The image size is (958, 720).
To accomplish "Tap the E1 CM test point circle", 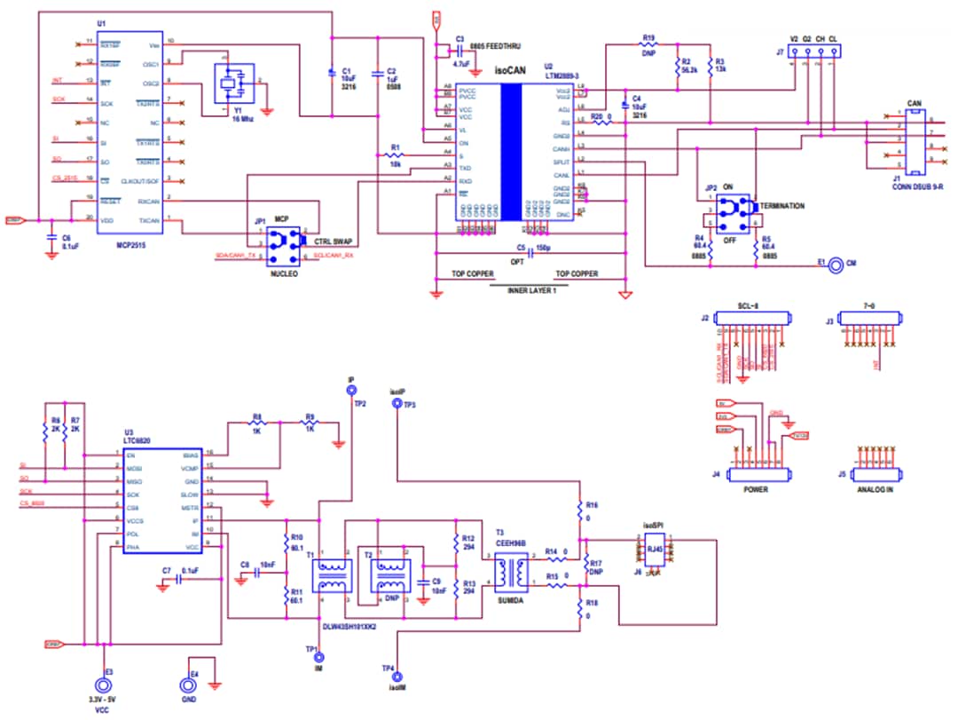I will coord(834,265).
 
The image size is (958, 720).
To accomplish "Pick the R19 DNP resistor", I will coord(648,45).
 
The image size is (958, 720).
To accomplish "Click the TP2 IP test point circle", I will coord(351,390).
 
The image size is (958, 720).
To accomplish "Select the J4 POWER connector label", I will coord(757,489).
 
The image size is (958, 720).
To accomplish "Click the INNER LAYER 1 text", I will coord(529,291).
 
